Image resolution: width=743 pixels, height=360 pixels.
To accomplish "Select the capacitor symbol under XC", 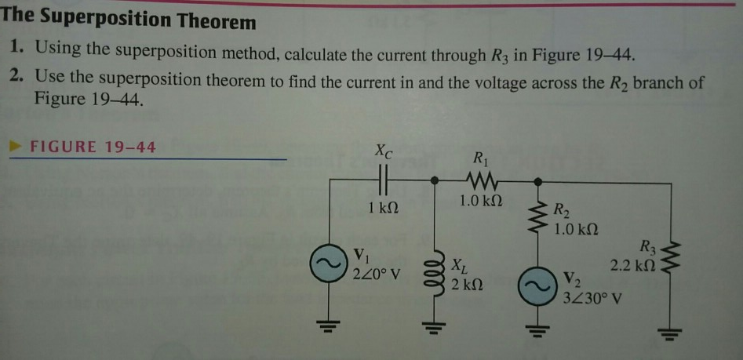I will coord(383,182).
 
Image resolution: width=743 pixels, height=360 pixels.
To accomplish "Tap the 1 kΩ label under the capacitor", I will coord(383,209).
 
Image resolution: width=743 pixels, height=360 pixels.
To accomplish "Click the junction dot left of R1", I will coord(437,181).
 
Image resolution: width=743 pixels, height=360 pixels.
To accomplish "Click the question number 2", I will coord(17,81).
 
